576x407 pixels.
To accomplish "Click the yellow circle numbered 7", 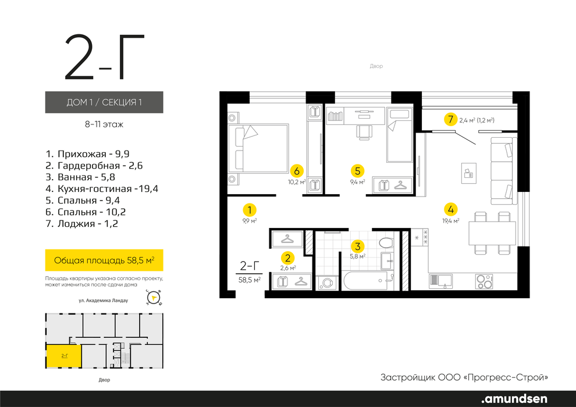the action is (450, 119).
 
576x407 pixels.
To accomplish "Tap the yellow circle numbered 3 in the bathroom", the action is (357, 247).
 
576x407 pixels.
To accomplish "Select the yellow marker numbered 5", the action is (357, 171).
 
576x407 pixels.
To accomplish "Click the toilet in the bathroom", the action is (386, 242).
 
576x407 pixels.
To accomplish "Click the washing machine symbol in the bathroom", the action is (326, 283).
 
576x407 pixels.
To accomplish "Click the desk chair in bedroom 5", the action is (363, 132).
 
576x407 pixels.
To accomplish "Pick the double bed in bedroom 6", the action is (258, 149).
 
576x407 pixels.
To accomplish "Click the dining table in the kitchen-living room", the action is (492, 233).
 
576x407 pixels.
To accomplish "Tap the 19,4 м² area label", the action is (451, 221).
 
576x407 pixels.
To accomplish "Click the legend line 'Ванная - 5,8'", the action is (80, 177).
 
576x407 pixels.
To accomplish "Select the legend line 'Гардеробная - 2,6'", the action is (94, 166).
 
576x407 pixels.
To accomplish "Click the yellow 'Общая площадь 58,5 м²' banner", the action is (104, 260).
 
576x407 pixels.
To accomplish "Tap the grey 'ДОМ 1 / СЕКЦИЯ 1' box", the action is (104, 102).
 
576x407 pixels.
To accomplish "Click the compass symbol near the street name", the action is (154, 298).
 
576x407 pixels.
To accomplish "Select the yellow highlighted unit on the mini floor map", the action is (63, 356).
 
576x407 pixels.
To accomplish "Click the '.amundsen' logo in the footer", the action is (514, 399).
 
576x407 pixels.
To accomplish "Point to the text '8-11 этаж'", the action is (104, 124).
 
